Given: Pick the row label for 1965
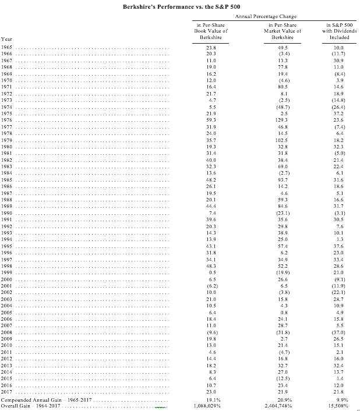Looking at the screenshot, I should click(7, 47).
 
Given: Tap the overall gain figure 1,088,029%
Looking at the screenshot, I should click(211, 406).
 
